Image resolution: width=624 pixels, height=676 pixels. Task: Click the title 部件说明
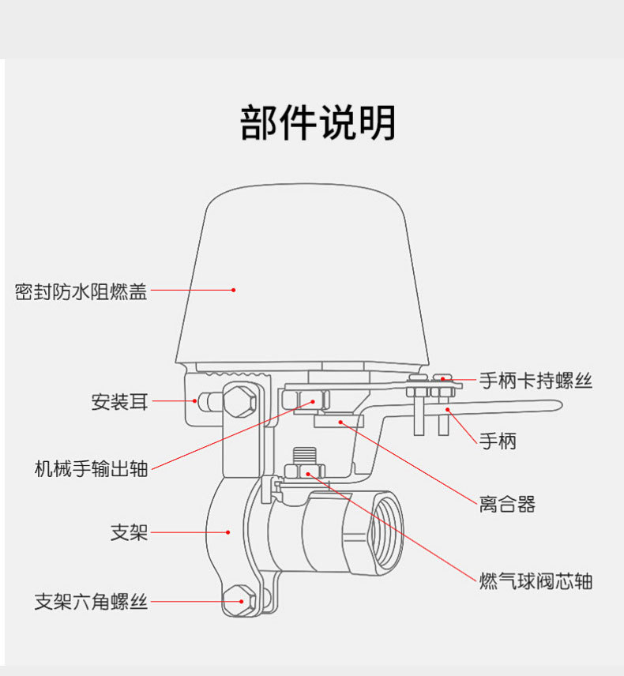pos(318,123)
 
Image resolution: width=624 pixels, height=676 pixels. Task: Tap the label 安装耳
pos(119,402)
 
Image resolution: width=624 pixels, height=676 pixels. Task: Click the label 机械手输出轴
pos(91,468)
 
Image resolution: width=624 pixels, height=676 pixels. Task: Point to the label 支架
pos(129,533)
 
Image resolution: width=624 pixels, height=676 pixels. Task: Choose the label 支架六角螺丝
pos(91,603)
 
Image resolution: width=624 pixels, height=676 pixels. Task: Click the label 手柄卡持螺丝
pos(536,381)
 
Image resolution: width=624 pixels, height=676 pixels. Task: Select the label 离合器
pos(507,504)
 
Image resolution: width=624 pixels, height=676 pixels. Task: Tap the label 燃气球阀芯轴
pos(536,582)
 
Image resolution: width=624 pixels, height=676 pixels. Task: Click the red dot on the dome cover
pos(234,290)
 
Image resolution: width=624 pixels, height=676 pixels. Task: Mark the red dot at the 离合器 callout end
pos(340,422)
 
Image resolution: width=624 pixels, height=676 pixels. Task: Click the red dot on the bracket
pos(229,533)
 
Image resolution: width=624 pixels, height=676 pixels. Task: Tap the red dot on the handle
pos(447,409)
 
